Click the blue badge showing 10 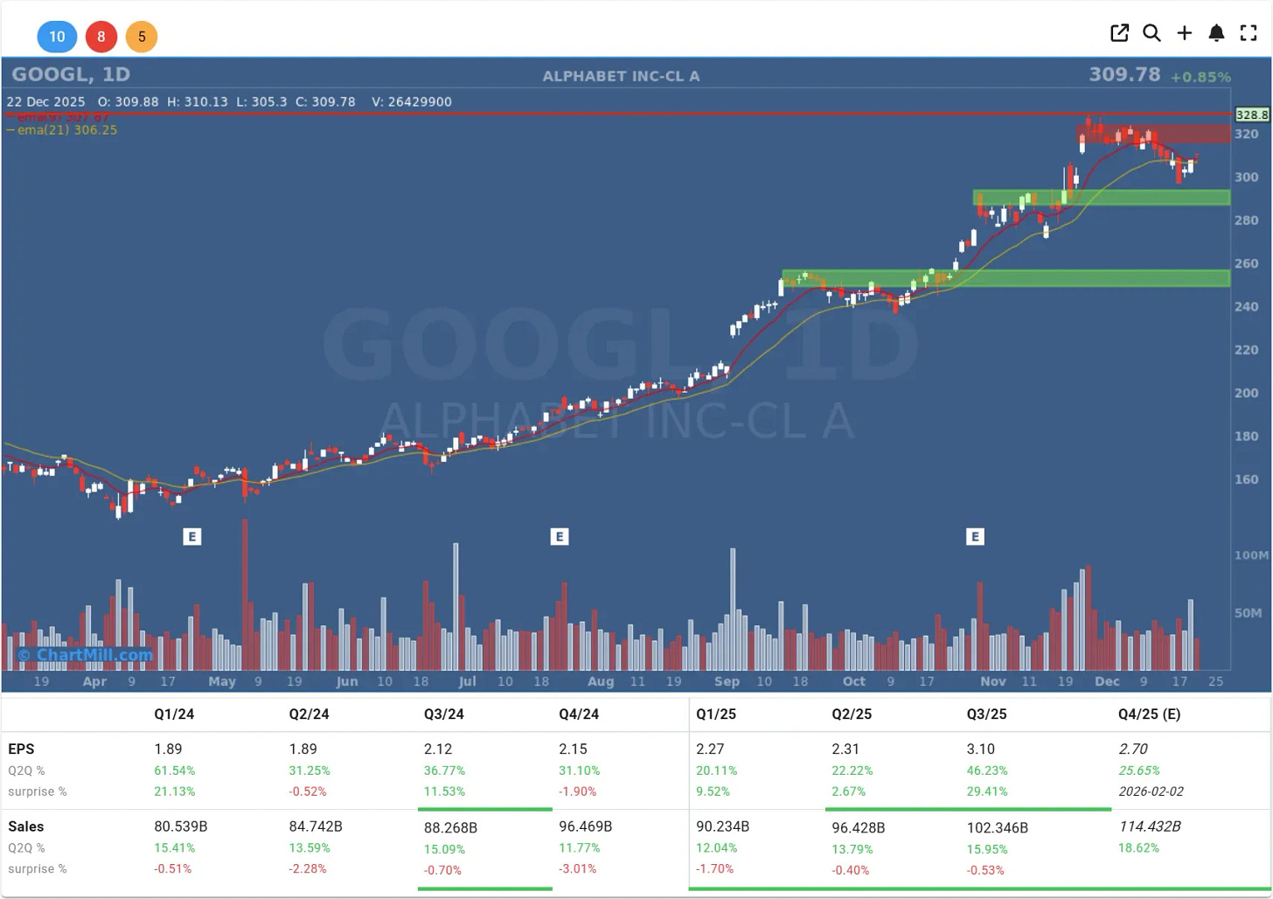tap(57, 37)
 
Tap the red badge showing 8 tap(101, 37)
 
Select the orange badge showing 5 tap(142, 37)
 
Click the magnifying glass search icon tap(1151, 33)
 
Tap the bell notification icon tap(1216, 33)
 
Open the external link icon tap(1119, 33)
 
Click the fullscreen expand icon tap(1249, 33)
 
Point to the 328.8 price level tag tap(1251, 115)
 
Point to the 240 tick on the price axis tap(1246, 307)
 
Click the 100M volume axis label tap(1251, 555)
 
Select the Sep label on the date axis tap(727, 681)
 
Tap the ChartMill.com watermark tap(86, 655)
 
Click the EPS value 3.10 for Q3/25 tap(980, 749)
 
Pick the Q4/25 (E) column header tap(1149, 714)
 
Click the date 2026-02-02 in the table tap(1151, 791)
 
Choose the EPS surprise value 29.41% tap(986, 791)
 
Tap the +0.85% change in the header tap(1200, 77)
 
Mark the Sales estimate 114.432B tap(1150, 826)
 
